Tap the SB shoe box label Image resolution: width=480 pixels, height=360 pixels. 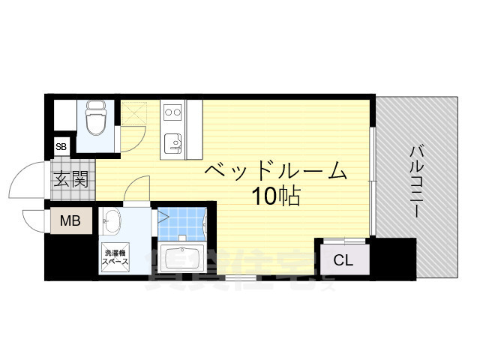pyautogui.click(x=60, y=148)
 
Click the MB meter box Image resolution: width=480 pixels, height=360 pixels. pyautogui.click(x=70, y=220)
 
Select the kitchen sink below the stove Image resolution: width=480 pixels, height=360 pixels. pyautogui.click(x=172, y=140)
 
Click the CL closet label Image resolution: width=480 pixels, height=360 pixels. pyautogui.click(x=343, y=260)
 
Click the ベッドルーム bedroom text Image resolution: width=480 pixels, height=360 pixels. pyautogui.click(x=276, y=171)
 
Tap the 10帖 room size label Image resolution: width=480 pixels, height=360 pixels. pyautogui.click(x=276, y=196)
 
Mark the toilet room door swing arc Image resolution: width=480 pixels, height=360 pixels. pyautogui.click(x=133, y=137)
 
